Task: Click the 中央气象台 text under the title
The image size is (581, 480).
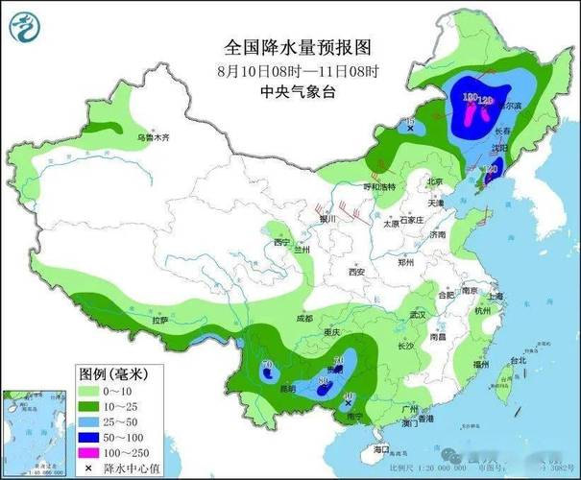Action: tap(297, 91)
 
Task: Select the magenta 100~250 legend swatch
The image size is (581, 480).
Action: tap(91, 449)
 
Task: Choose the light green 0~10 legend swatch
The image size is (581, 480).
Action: tap(91, 391)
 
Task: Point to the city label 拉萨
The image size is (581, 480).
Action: tap(157, 320)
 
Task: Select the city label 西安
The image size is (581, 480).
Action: tap(357, 272)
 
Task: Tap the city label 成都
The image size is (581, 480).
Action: tap(304, 318)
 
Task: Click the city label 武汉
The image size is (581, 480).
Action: tap(416, 314)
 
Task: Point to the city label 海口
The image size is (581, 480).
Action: tap(381, 448)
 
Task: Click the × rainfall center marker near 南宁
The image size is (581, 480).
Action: tap(347, 405)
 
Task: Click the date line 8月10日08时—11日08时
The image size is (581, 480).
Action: tap(297, 70)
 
